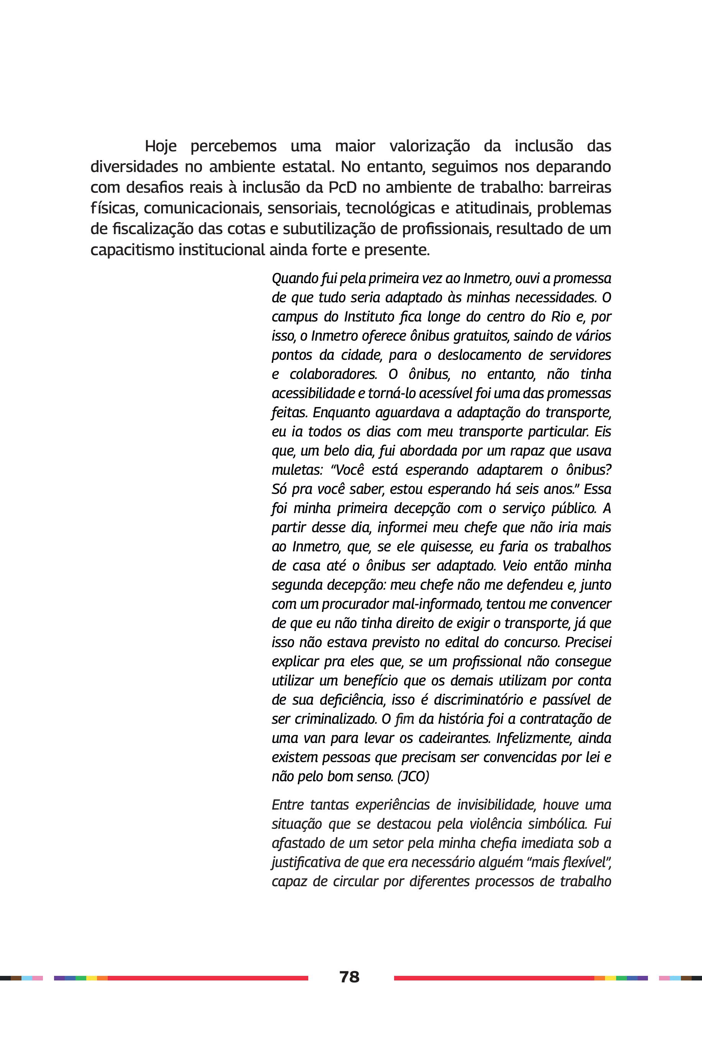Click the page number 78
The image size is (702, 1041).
point(349,977)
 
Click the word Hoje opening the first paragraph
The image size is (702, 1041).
point(161,146)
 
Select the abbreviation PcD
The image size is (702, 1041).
point(342,187)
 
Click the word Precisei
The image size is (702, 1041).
point(588,643)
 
